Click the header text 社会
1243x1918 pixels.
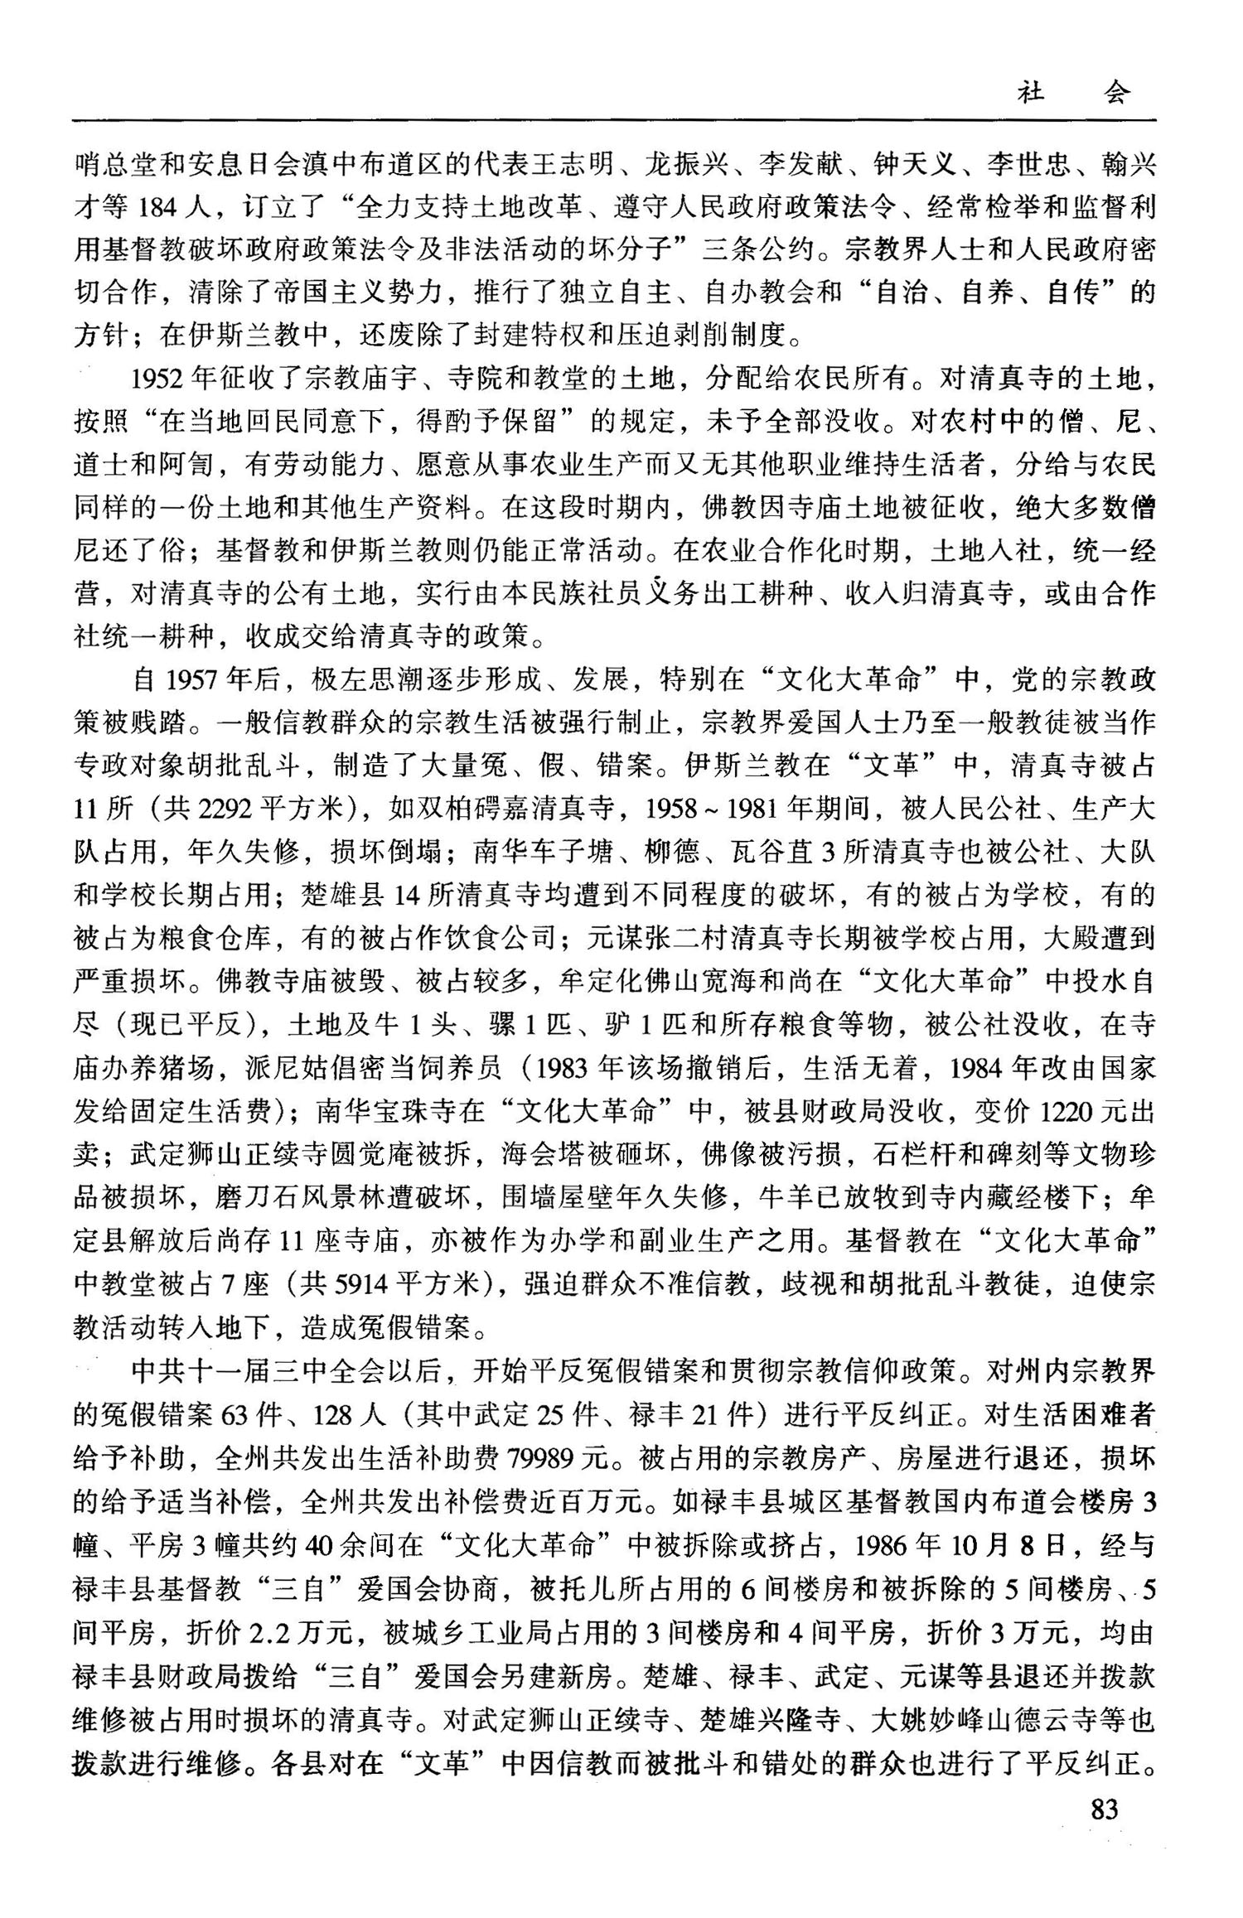tap(1073, 93)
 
